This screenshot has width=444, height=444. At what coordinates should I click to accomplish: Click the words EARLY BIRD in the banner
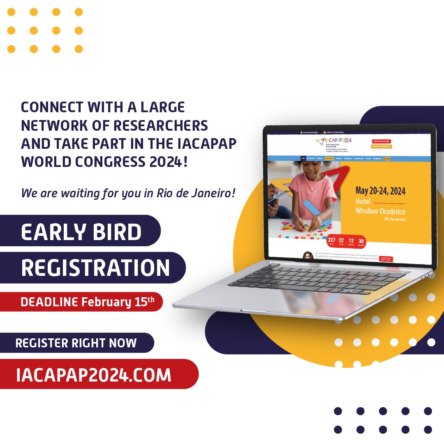(81, 232)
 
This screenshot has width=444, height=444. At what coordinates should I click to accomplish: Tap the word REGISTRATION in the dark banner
(95, 268)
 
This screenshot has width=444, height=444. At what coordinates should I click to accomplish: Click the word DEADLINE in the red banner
(49, 302)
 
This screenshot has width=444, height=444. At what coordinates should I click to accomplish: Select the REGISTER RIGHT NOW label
(76, 343)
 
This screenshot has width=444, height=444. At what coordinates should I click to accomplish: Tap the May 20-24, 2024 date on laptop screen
(380, 191)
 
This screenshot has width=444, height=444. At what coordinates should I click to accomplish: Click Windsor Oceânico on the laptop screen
(380, 211)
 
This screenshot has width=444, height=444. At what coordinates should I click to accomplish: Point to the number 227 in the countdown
(332, 240)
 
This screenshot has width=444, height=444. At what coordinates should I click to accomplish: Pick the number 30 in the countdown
(361, 240)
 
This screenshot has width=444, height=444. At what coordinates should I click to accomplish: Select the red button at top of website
(382, 141)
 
